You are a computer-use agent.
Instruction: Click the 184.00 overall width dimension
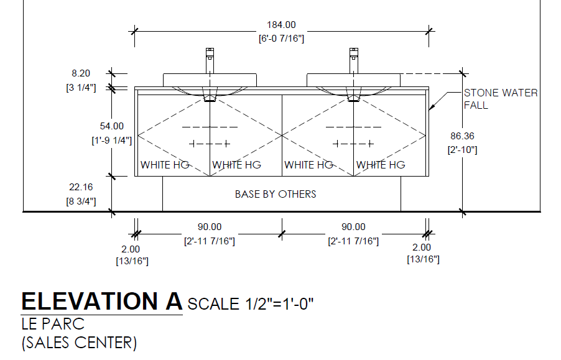pos(281,25)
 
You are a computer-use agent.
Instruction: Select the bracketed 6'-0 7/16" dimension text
pos(281,39)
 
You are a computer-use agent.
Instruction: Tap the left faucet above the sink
pos(210,60)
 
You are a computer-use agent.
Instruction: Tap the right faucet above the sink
pos(353,60)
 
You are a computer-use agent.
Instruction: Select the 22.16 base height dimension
pos(81,187)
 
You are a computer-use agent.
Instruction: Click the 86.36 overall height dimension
pos(461,136)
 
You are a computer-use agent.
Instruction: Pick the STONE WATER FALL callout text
pos(500,99)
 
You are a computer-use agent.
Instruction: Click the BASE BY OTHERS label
pos(276,194)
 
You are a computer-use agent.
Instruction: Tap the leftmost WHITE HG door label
pos(165,165)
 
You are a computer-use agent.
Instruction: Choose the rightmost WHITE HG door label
pos(381,165)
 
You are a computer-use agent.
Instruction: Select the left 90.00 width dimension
pos(210,227)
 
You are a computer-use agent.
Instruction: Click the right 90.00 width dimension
pos(353,227)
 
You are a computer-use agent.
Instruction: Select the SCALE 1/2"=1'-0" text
pos(250,304)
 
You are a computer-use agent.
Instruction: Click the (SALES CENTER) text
pos(79,342)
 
